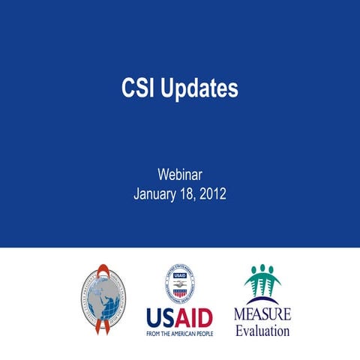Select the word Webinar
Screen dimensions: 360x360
[180, 174]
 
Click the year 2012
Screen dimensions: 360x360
[214, 194]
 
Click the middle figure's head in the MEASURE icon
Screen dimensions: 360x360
[262, 268]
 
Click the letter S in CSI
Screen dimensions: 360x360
[138, 88]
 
